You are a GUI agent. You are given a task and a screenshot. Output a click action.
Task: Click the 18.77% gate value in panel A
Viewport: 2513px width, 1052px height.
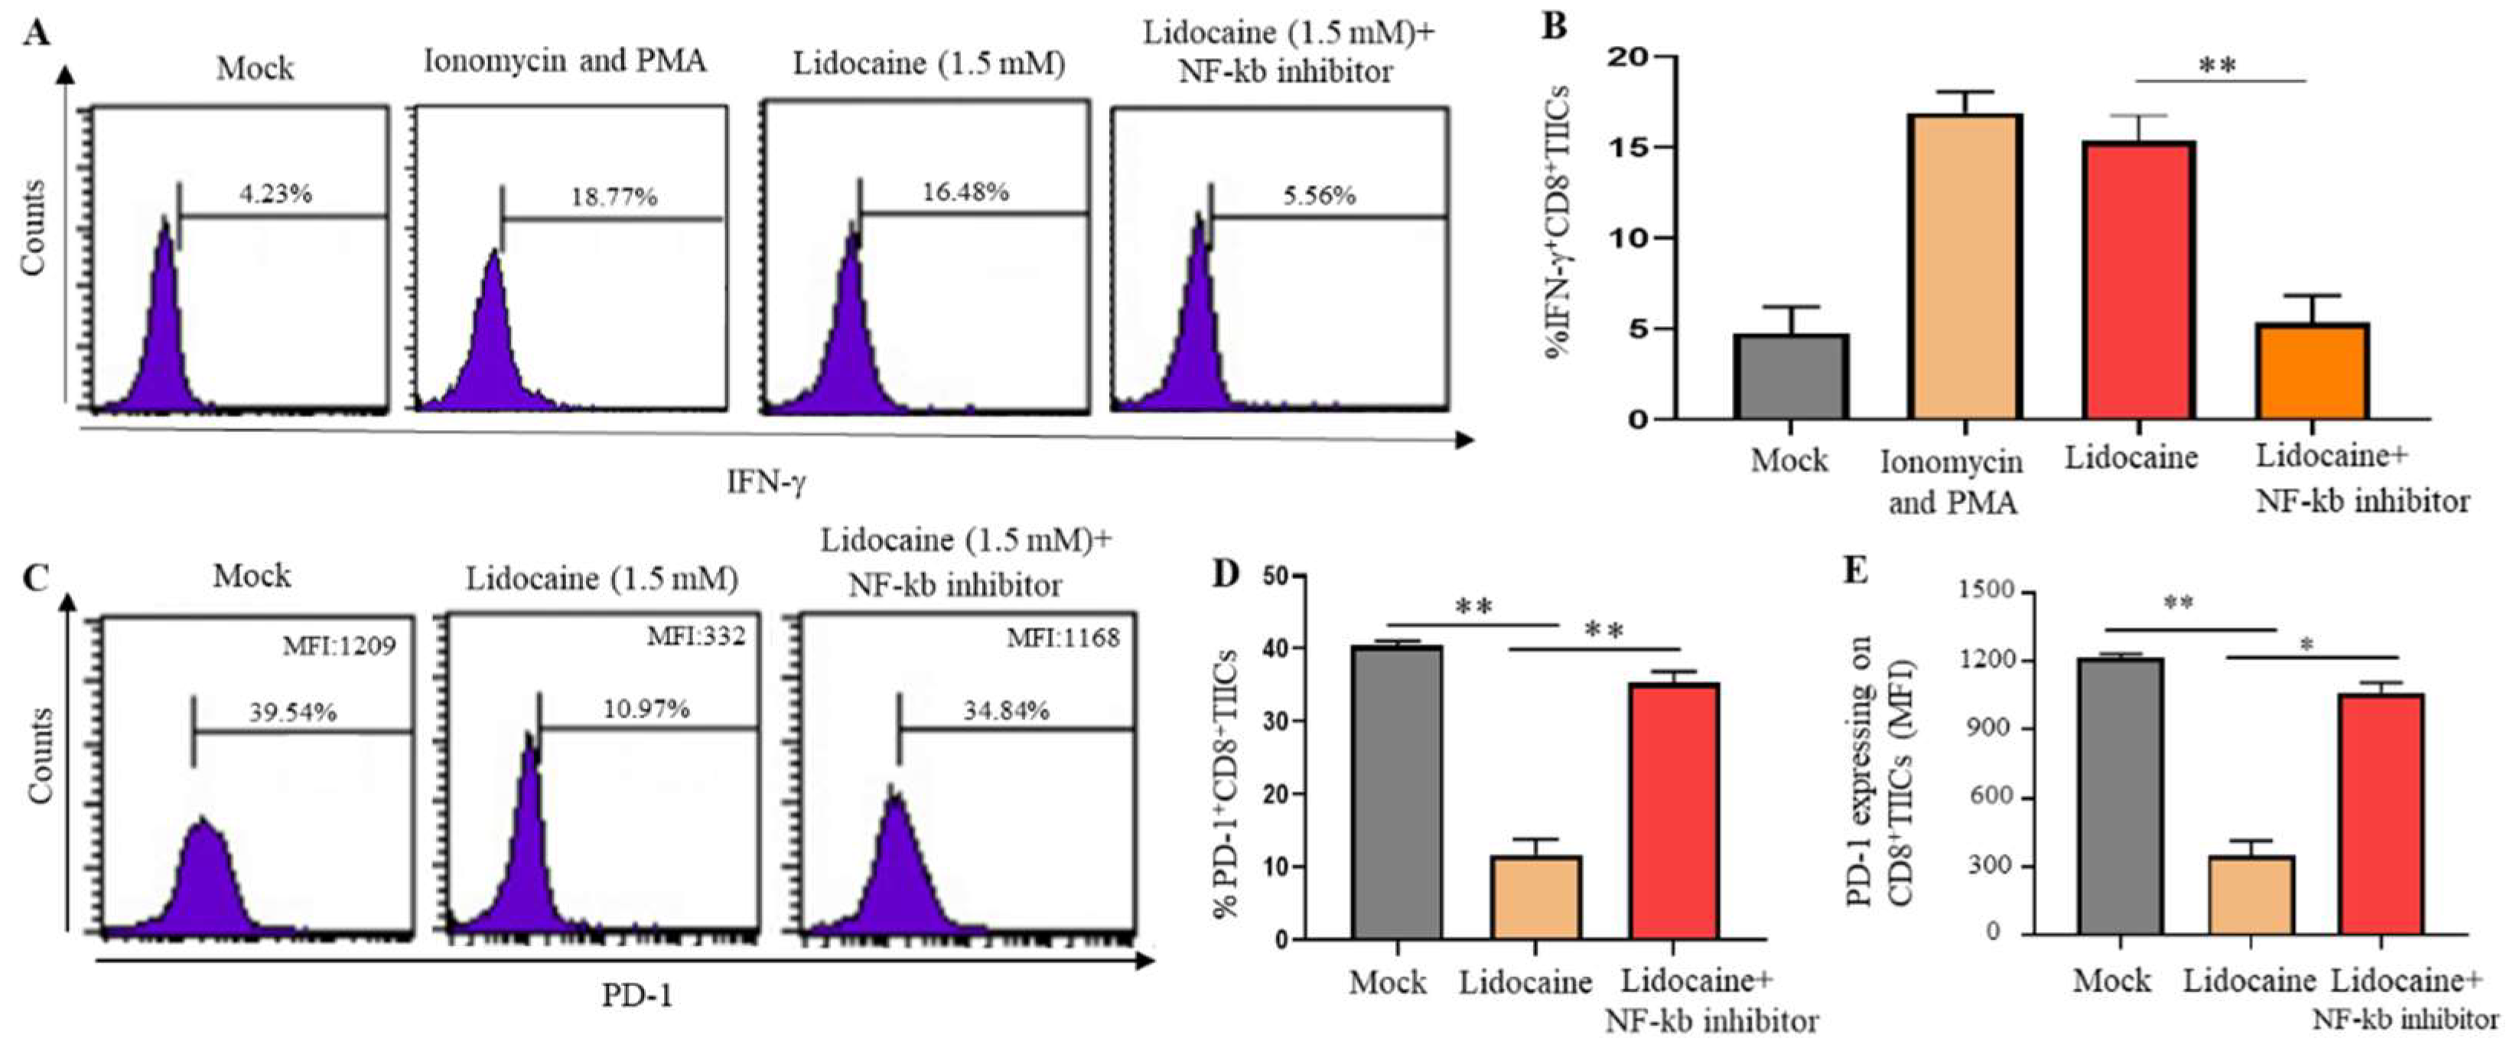(x=614, y=197)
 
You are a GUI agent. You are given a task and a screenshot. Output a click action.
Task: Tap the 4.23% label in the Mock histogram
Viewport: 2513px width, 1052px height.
(x=276, y=194)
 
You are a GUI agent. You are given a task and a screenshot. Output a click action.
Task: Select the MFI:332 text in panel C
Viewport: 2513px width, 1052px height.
(x=695, y=637)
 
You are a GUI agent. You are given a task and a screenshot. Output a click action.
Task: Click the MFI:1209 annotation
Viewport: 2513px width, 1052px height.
(x=340, y=645)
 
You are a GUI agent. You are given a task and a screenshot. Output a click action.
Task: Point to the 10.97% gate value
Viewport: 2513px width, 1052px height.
(x=646, y=708)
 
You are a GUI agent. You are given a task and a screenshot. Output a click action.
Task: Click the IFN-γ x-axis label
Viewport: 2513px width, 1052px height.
(x=767, y=481)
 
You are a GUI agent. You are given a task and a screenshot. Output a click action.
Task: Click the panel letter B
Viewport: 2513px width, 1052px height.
(x=1554, y=25)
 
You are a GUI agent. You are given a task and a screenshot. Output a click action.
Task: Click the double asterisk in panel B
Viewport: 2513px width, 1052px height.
(x=2218, y=67)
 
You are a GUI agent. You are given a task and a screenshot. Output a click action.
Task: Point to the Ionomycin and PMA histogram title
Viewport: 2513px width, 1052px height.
(x=565, y=60)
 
